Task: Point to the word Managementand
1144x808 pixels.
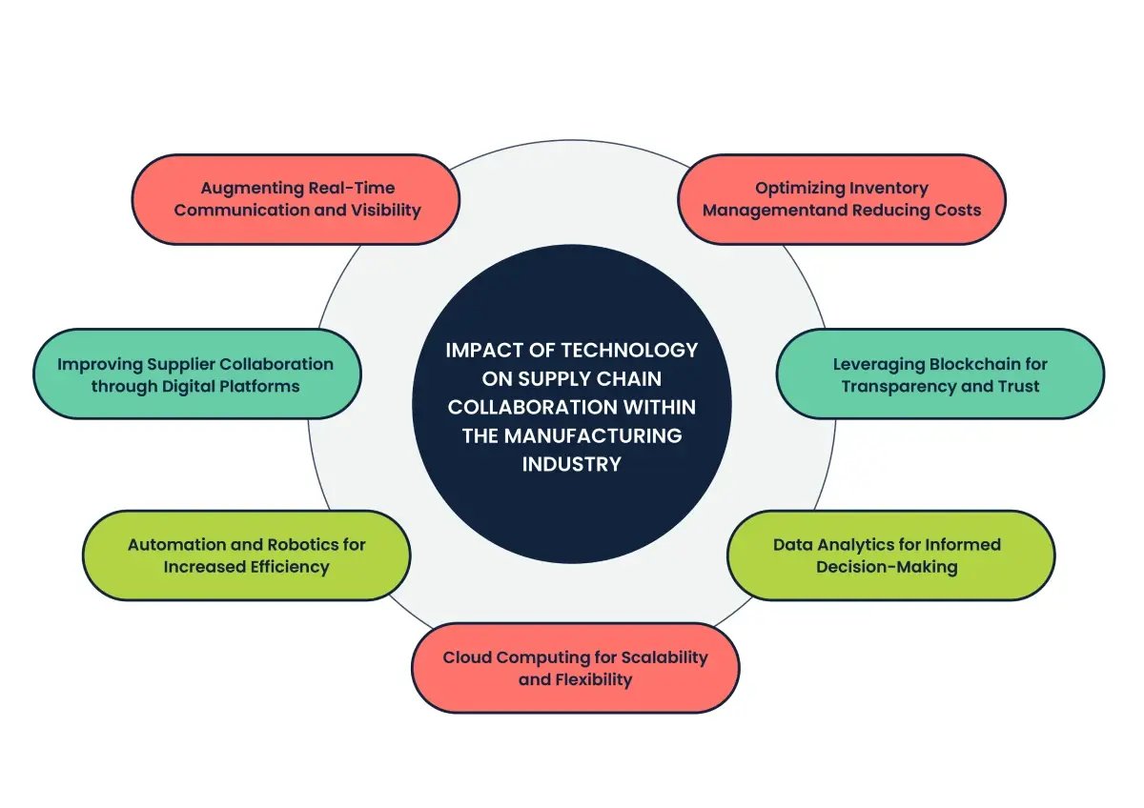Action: tap(765, 211)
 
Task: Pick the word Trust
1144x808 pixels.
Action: tap(1017, 386)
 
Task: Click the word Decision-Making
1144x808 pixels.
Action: tap(887, 567)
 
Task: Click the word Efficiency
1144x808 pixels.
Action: tap(286, 567)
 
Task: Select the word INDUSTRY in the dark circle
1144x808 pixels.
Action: tap(571, 464)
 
